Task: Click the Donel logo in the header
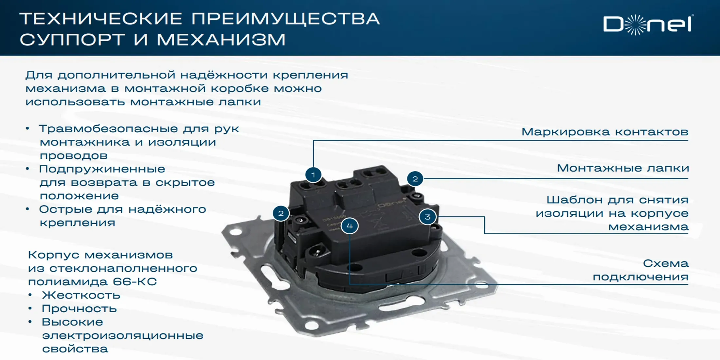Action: (648, 25)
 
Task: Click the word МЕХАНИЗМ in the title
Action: (221, 40)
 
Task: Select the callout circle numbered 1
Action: (313, 175)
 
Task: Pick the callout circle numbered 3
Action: (427, 217)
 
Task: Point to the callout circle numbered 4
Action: (350, 226)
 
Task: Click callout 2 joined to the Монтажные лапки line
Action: (415, 179)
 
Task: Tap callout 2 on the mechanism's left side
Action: (281, 214)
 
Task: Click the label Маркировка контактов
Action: (605, 132)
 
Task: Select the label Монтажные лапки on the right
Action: (623, 168)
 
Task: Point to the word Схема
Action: (666, 263)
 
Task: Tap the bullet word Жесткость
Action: (81, 295)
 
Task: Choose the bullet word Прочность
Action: (79, 309)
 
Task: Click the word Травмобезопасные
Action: (108, 129)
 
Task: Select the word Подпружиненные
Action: (102, 169)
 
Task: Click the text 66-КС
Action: (135, 282)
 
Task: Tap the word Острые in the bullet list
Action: (66, 209)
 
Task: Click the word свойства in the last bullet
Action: (75, 349)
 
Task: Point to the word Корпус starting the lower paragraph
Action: (54, 255)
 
